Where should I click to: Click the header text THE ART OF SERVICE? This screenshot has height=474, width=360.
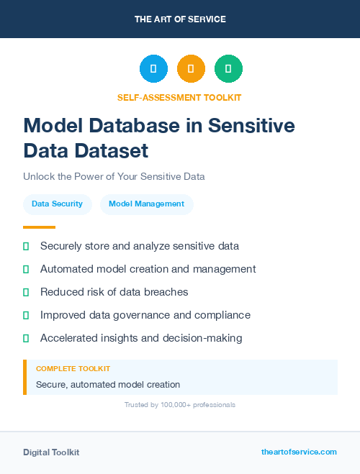click(x=180, y=19)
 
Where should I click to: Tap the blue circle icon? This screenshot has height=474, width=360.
click(x=153, y=69)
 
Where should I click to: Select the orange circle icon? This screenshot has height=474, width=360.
click(x=191, y=69)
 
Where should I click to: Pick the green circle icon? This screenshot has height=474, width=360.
click(x=228, y=69)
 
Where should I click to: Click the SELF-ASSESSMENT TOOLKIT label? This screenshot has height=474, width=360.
click(x=179, y=97)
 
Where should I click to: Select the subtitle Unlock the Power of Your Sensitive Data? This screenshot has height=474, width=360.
click(x=114, y=176)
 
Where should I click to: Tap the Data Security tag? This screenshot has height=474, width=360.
click(x=57, y=204)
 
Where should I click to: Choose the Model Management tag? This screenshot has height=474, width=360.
click(x=146, y=204)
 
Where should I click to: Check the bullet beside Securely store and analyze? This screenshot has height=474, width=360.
click(x=26, y=246)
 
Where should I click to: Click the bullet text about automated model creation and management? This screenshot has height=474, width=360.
click(x=148, y=269)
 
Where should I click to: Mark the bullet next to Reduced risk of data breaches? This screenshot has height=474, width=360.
click(x=26, y=292)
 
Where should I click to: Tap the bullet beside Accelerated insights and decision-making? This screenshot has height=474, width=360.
click(x=26, y=338)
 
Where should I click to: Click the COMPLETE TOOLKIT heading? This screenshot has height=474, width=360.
click(x=73, y=368)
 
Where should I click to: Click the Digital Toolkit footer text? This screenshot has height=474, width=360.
click(x=51, y=452)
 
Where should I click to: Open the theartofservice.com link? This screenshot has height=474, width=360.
click(x=299, y=452)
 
